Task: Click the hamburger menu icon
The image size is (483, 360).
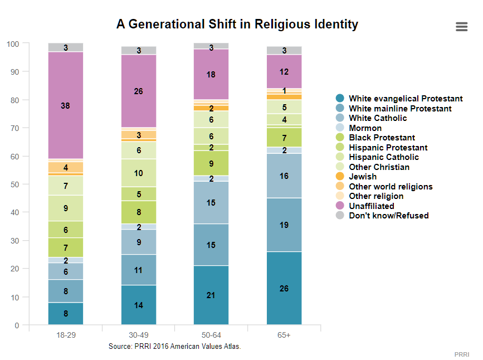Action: click(461, 27)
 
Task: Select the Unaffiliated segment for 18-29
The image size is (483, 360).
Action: click(66, 105)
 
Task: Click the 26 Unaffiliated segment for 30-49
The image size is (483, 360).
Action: click(139, 91)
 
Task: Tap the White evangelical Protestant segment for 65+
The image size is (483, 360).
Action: click(284, 288)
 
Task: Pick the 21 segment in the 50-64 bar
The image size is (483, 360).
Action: click(211, 295)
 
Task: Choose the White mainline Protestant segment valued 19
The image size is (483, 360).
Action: click(284, 225)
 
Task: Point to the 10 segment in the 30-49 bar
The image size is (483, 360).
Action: click(139, 173)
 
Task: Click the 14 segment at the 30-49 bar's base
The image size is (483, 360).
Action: click(139, 305)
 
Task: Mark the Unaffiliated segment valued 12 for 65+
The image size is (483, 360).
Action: click(284, 71)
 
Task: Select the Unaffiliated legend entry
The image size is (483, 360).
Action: click(365, 206)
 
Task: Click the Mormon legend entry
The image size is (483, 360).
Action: click(359, 128)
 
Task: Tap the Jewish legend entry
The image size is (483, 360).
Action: click(357, 177)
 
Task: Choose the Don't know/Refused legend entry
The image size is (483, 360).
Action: click(382, 216)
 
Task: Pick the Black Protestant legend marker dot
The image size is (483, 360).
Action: click(340, 138)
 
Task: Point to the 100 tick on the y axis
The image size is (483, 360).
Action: click(13, 44)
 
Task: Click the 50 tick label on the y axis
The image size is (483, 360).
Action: click(15, 184)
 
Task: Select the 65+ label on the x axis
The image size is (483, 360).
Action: click(284, 335)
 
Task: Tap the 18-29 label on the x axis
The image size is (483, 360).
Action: click(66, 335)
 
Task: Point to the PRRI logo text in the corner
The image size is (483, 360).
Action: click(462, 354)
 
